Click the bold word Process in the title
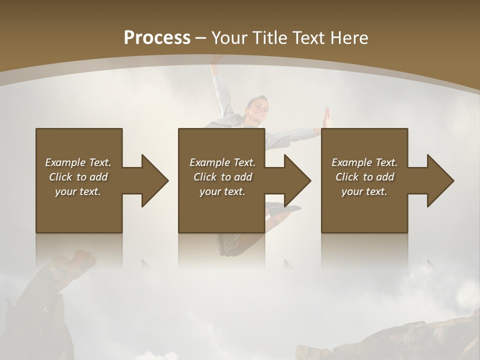pos(157,38)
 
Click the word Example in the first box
pos(65,162)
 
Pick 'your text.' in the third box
pos(364,191)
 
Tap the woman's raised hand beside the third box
pos(327,118)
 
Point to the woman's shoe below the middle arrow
pos(289,208)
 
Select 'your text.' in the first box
pos(78,191)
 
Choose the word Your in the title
pos(229,38)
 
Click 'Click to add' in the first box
pos(78,177)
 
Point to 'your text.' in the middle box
pos(222,191)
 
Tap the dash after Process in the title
pos(201,38)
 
